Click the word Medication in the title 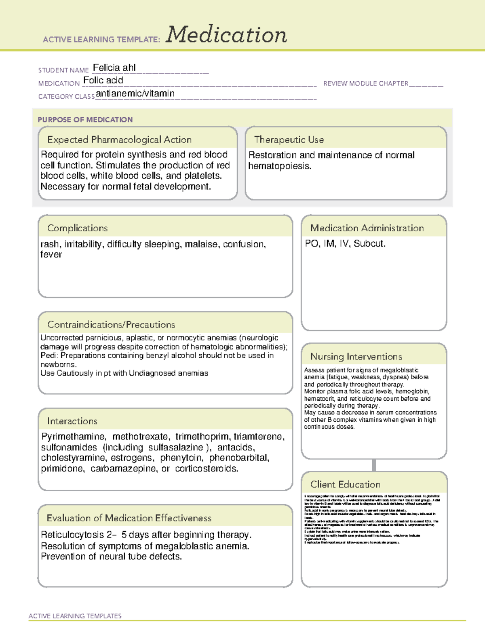(x=226, y=35)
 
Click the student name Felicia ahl (x=114, y=68)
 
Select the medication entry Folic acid (x=103, y=80)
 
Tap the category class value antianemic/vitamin (x=135, y=93)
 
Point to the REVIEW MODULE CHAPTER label (x=366, y=83)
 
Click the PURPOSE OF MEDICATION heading (x=85, y=120)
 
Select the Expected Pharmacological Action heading (x=119, y=140)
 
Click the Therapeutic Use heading (x=289, y=140)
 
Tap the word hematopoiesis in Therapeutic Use (x=279, y=166)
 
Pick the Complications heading (x=77, y=228)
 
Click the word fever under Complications (x=51, y=254)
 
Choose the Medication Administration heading (x=367, y=228)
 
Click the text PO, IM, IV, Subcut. (x=345, y=243)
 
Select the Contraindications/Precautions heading (x=111, y=324)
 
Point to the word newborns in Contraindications (x=58, y=364)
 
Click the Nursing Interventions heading (x=356, y=357)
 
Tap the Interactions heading (x=72, y=421)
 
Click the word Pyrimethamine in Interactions (x=74, y=437)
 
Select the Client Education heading (x=345, y=484)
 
